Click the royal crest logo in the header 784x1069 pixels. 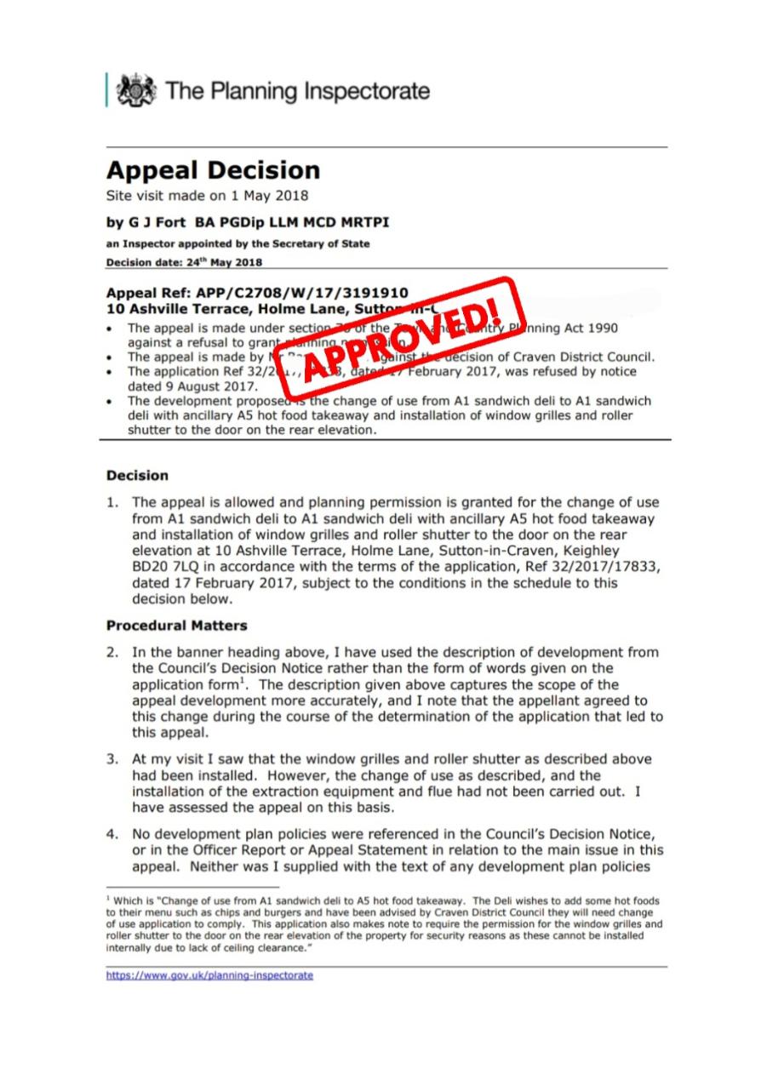pyautogui.click(x=136, y=90)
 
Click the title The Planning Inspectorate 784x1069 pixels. pyautogui.click(x=298, y=91)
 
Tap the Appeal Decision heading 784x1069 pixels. pyautogui.click(x=213, y=169)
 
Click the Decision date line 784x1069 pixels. pyautogui.click(x=184, y=262)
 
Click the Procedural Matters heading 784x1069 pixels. pyautogui.click(x=176, y=626)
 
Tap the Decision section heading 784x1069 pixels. pyautogui.click(x=137, y=475)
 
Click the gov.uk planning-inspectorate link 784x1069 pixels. pyautogui.click(x=209, y=975)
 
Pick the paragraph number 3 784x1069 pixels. pyautogui.click(x=112, y=759)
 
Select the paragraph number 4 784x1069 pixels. pyautogui.click(x=112, y=834)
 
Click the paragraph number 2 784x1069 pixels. pyautogui.click(x=112, y=653)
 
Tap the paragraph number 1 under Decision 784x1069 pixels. pyautogui.click(x=112, y=502)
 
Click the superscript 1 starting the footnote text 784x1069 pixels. pyautogui.click(x=109, y=897)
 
